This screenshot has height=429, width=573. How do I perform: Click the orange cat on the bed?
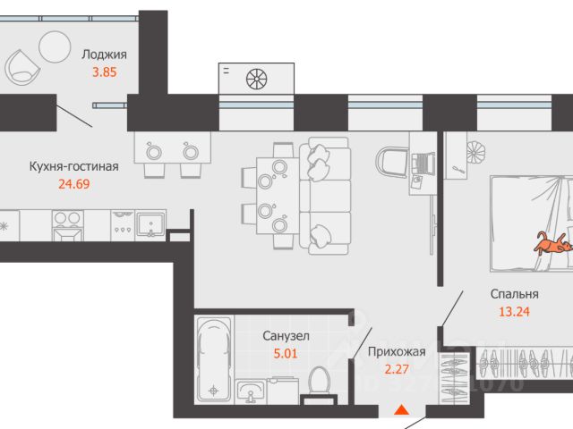553,243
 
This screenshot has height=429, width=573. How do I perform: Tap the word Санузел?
286,336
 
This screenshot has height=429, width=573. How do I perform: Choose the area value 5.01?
286,353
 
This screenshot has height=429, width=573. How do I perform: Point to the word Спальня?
514,294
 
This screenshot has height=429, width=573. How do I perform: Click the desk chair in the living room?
390,164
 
